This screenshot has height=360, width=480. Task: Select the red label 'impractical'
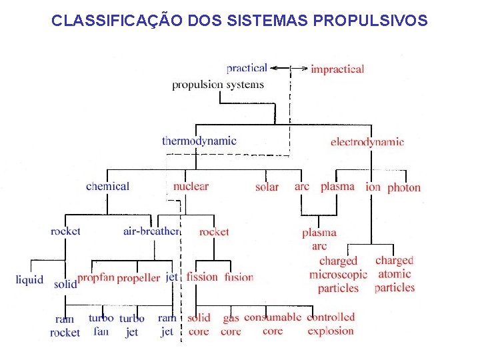(x=337, y=69)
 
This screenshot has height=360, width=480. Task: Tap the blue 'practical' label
(x=247, y=68)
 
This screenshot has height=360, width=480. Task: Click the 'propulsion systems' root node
(x=218, y=85)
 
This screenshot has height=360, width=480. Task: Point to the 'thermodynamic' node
(x=199, y=141)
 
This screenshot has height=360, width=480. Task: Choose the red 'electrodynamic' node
(x=367, y=141)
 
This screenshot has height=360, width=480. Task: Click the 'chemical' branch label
(x=107, y=187)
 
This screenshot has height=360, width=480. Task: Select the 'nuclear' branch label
(x=191, y=187)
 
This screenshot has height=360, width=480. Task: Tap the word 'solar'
(x=267, y=187)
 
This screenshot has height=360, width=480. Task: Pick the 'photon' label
(x=404, y=187)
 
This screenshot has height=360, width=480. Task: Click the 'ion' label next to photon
(x=373, y=187)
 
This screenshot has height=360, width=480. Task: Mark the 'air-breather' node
(x=151, y=231)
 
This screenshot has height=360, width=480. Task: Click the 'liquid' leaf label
(x=29, y=280)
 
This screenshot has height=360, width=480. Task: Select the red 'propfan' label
(x=96, y=277)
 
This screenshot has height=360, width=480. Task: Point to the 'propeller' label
(x=138, y=278)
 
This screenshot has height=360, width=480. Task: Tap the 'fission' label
(x=202, y=277)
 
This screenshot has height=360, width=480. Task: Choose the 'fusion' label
(x=239, y=277)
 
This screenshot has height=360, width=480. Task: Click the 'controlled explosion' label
(x=331, y=324)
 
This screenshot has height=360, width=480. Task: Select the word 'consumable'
(x=273, y=317)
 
